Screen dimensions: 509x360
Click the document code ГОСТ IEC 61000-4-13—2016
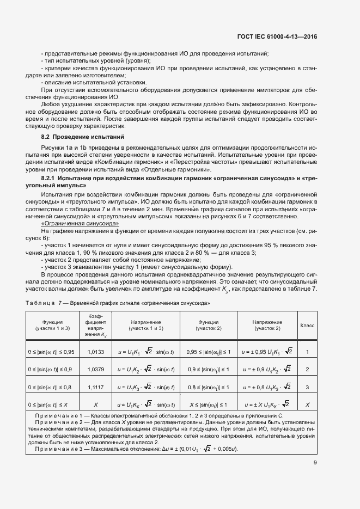click(278, 36)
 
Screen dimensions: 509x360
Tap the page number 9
click(315, 463)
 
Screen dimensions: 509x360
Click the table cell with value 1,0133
click(95, 352)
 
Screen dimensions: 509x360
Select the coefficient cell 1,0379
click(95, 370)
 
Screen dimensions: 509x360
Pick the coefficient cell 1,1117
click(95, 387)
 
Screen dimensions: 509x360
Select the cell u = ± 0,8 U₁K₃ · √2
click(267, 387)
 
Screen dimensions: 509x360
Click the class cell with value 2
click(307, 370)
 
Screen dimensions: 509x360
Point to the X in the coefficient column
click(95, 404)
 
